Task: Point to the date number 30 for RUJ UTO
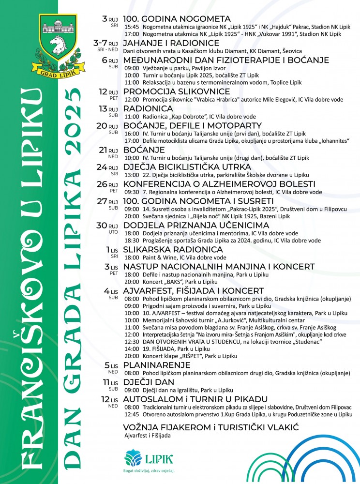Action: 102,226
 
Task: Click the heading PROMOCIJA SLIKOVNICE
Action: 176,91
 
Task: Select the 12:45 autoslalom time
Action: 132,414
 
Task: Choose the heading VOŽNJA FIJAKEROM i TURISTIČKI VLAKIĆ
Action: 210,427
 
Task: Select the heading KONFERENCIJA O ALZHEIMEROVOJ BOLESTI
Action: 212,184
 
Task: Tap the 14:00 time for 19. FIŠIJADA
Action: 132,348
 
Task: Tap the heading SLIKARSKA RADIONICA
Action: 173,250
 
